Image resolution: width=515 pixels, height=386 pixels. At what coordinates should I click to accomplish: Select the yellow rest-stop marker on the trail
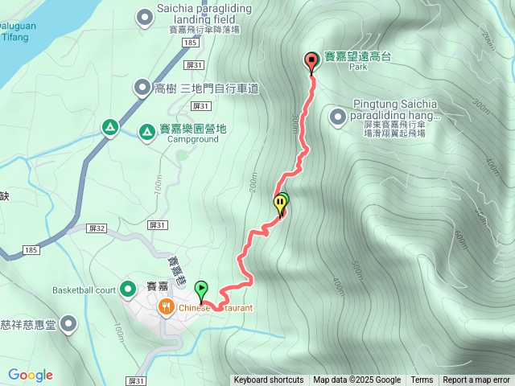[x=280, y=203]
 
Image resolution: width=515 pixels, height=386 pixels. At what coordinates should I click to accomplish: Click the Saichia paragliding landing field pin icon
[x=145, y=15]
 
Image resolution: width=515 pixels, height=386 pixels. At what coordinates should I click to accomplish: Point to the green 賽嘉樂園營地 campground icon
[x=146, y=130]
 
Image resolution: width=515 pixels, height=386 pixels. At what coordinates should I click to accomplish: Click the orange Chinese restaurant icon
[x=166, y=306]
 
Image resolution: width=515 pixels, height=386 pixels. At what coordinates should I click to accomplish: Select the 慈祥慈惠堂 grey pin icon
[x=68, y=324]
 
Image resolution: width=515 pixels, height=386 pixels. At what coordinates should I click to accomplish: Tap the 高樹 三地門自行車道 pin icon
[x=142, y=88]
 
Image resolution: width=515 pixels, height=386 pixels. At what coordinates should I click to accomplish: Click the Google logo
[x=31, y=375]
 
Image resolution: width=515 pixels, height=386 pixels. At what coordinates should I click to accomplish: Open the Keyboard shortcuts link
[x=269, y=380]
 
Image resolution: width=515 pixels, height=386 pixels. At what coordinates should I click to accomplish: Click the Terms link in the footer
[x=422, y=380]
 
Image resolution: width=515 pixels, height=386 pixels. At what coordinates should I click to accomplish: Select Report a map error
[x=476, y=380]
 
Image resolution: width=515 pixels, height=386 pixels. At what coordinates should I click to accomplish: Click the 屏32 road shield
[x=97, y=228]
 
